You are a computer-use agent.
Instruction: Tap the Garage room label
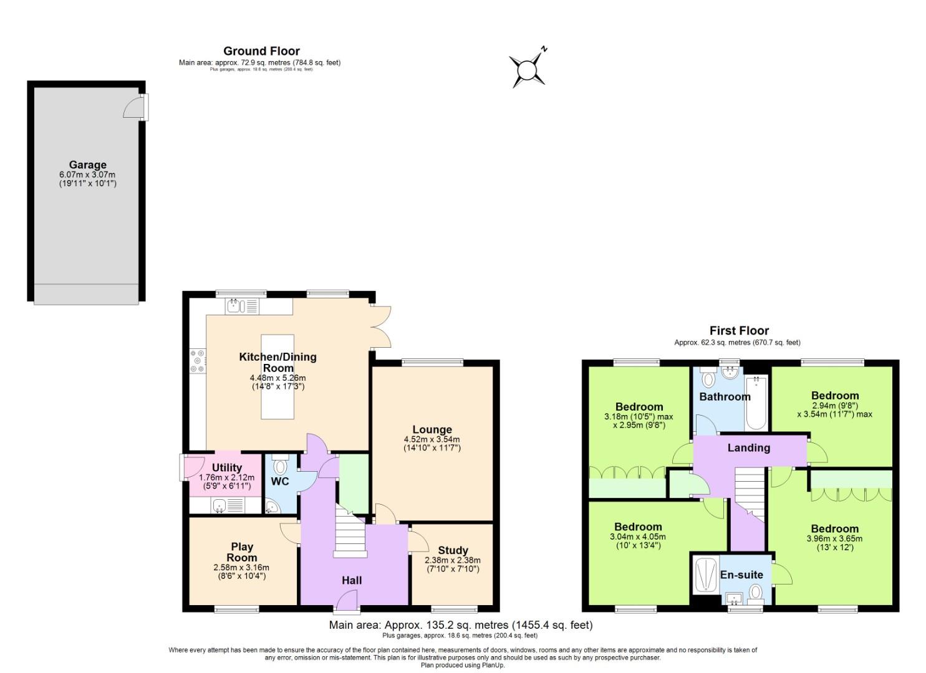coord(87,165)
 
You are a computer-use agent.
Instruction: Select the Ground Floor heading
coord(261,51)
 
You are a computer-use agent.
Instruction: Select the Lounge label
coord(432,429)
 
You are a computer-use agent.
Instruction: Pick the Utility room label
coord(226,468)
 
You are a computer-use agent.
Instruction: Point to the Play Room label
coord(241,552)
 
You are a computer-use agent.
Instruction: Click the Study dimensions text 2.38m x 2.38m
coord(453,560)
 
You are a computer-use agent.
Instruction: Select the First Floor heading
coord(739,331)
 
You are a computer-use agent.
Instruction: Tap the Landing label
coord(748,447)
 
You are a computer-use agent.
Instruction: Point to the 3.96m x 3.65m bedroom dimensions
coord(834,539)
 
